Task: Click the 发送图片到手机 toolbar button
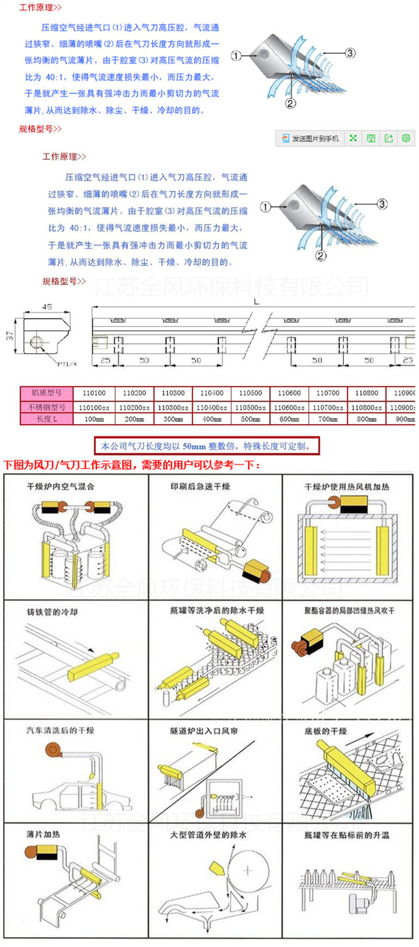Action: [x=310, y=139]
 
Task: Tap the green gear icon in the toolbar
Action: [x=405, y=138]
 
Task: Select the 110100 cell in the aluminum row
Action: [x=94, y=393]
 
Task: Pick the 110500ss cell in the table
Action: [x=250, y=407]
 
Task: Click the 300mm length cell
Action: [x=173, y=419]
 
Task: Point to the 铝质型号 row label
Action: [x=46, y=393]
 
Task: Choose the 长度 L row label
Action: [x=46, y=419]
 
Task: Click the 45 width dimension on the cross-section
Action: [x=47, y=308]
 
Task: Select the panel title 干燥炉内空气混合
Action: [x=60, y=487]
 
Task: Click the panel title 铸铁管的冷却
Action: [x=53, y=612]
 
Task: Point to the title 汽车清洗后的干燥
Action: [x=60, y=730]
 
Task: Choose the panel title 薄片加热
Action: [x=44, y=834]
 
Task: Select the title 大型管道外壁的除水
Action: [x=208, y=835]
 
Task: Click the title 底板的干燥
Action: [x=325, y=731]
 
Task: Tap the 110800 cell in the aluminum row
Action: [x=366, y=393]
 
